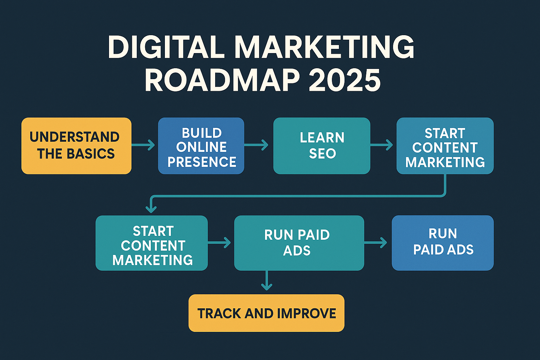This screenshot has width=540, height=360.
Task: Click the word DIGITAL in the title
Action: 166,47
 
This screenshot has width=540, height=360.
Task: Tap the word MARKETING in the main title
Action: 324,47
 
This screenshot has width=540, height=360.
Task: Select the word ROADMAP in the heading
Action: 222,81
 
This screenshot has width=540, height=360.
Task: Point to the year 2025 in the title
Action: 345,81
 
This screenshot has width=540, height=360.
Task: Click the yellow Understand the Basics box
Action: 76,146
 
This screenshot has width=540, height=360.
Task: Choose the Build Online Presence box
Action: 201,146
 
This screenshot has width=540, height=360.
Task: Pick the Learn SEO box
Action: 322,146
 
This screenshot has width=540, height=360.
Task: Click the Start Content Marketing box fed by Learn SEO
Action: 445,146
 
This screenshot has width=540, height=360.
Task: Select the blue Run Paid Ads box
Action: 443,243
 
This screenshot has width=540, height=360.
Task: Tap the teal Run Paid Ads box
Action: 299,243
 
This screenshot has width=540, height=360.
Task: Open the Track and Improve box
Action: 266,313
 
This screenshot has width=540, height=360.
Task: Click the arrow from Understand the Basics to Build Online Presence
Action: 143,144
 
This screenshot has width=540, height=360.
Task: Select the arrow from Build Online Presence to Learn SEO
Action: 256,144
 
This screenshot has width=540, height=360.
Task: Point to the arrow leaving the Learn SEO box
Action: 382,144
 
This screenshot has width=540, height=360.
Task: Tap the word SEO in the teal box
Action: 322,154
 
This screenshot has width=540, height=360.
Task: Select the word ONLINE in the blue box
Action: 201,147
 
